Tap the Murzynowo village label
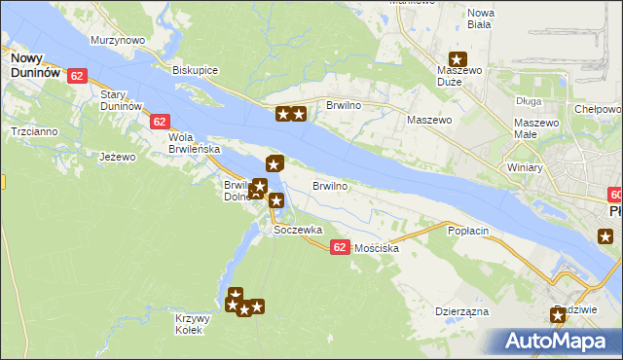coord(118,40)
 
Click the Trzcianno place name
coord(33,130)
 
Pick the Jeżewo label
coord(116,155)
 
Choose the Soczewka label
coord(298,231)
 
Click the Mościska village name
coord(378,249)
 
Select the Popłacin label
coord(466,231)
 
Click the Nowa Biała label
coord(482,19)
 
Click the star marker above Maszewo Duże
coord(457,58)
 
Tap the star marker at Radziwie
coord(558,315)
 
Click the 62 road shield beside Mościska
coord(339,247)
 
